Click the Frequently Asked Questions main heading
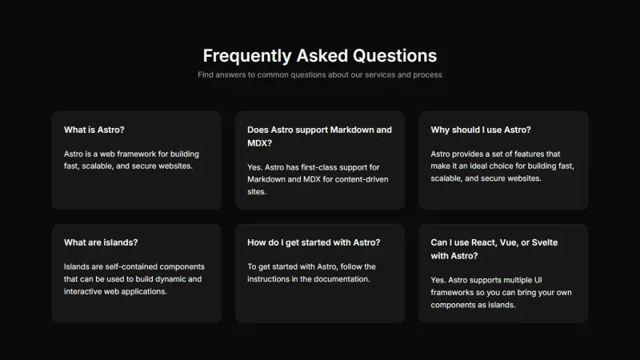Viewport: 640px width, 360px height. tap(320, 55)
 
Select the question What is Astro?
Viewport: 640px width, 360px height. tap(94, 130)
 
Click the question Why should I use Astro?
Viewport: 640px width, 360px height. tap(481, 130)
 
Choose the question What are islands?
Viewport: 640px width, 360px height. tap(101, 242)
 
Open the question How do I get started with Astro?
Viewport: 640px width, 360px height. tap(314, 242)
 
